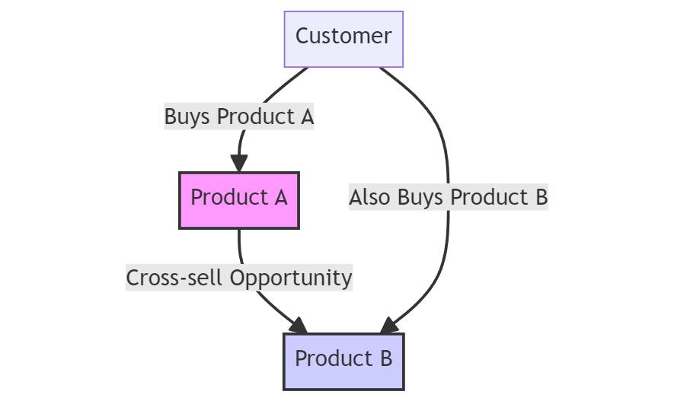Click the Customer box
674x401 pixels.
point(343,39)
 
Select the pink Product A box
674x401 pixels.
point(239,200)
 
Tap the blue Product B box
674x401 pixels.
point(343,361)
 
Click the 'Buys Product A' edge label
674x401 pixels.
point(239,117)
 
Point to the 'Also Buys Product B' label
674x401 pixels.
point(448,198)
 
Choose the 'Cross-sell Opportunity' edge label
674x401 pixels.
point(239,278)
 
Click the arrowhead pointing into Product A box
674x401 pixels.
point(239,163)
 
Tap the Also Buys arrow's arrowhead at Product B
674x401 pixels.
point(388,326)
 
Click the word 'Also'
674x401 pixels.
point(369,198)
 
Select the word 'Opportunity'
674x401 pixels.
point(291,278)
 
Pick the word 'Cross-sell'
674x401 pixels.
point(175,278)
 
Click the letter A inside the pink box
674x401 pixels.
point(280,198)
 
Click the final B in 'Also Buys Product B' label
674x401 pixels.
point(541,198)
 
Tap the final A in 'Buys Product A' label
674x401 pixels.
point(307,117)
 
